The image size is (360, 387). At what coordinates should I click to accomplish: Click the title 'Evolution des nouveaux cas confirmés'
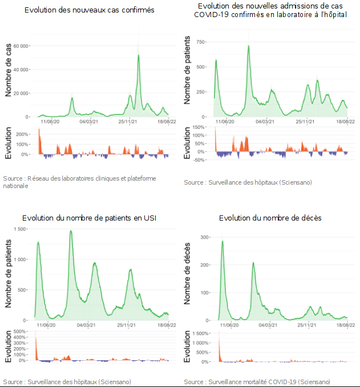click(90, 11)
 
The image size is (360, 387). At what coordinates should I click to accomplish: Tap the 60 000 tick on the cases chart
click(22, 46)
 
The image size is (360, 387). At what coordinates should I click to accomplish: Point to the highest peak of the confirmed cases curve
click(139, 55)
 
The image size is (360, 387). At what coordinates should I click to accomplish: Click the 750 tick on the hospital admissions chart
click(200, 42)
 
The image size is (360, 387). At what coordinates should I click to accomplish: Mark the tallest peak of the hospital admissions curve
click(249, 46)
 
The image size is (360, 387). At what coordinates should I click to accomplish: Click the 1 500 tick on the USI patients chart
click(21, 229)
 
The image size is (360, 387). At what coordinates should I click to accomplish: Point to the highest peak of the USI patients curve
click(71, 231)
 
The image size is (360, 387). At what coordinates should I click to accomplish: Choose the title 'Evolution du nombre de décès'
click(270, 218)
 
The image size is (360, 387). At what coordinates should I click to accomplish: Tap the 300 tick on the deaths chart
click(204, 237)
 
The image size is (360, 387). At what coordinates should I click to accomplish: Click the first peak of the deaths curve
click(222, 241)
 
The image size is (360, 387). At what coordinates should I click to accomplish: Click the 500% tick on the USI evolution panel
click(21, 332)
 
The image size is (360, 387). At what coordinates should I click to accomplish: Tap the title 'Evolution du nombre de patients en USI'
click(89, 218)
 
